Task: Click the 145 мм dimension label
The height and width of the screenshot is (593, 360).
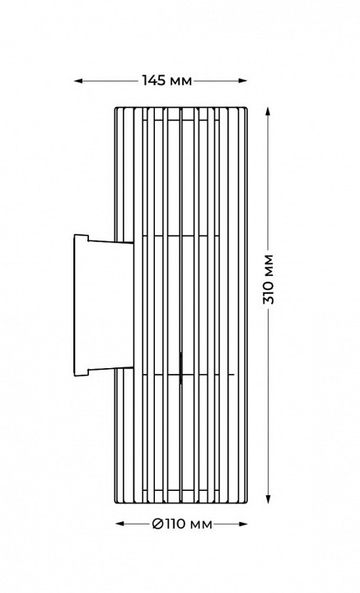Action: [x=167, y=80]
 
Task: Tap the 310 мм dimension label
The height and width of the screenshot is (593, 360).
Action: [x=269, y=279]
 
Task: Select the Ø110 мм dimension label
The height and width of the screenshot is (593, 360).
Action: [x=182, y=524]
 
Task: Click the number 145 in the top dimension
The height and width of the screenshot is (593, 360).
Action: [x=154, y=80]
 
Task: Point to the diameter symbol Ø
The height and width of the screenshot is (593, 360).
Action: [x=157, y=524]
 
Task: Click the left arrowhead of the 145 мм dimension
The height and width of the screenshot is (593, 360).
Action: [x=78, y=81]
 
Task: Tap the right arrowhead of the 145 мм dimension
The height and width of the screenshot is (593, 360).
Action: [x=242, y=81]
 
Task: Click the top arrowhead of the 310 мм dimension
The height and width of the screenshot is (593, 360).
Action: [x=268, y=112]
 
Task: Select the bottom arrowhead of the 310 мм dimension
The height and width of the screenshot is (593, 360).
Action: [x=268, y=499]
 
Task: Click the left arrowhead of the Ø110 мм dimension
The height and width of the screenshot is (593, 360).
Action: [x=120, y=524]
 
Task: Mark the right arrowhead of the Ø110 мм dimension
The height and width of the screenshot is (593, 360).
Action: [x=242, y=524]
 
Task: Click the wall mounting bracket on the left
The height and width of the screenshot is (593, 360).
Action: [x=103, y=305]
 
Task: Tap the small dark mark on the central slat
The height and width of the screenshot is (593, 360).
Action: [x=181, y=366]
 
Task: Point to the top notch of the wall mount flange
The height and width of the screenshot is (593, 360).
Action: [x=82, y=238]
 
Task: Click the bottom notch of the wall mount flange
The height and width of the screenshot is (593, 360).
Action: [x=82, y=372]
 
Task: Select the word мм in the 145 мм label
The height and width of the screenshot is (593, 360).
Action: [x=181, y=82]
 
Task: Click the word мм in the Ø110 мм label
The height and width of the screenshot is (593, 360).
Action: [x=201, y=525]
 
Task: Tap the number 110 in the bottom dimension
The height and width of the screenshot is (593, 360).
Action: [x=175, y=524]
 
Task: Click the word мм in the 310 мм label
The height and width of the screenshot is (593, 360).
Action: [x=269, y=265]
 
